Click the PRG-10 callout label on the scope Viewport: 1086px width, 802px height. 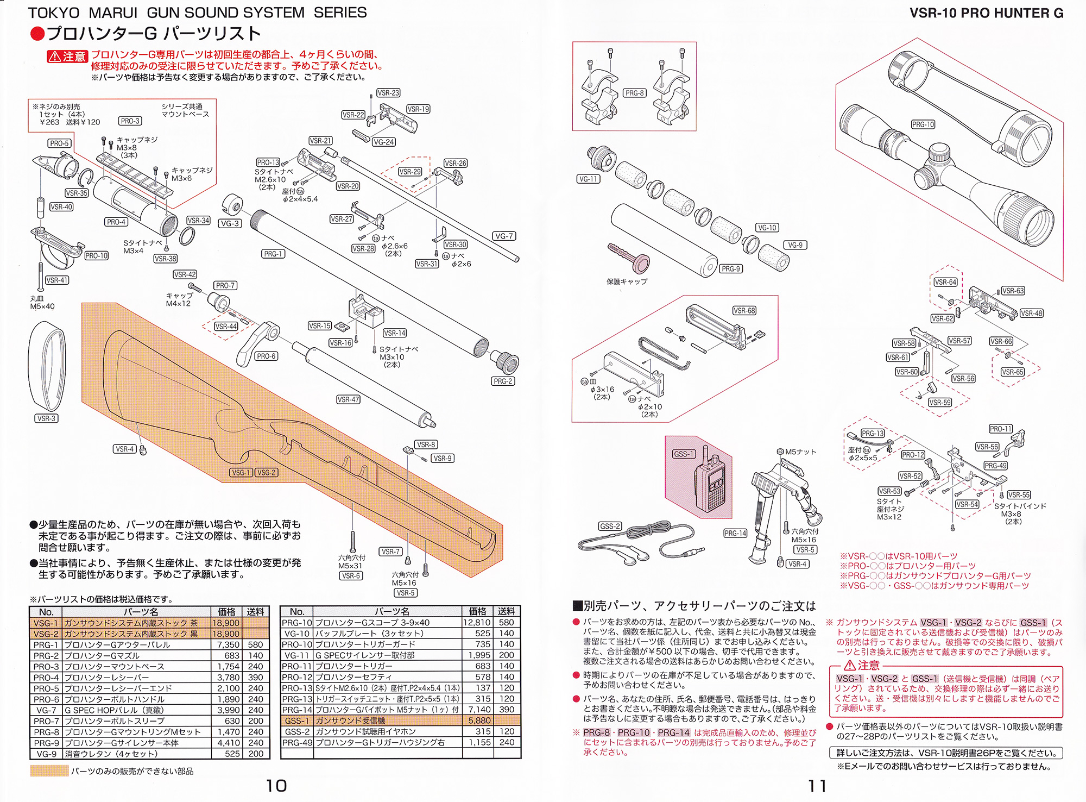[923, 124]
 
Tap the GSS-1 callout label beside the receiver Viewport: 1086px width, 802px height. [684, 454]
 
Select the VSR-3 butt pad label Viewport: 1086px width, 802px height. [47, 418]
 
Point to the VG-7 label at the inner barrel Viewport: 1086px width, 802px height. [504, 236]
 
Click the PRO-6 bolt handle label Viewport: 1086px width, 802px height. [266, 356]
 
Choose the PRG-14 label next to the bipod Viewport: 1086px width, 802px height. [735, 533]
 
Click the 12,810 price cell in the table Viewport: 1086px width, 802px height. [477, 623]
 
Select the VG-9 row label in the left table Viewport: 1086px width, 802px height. [46, 754]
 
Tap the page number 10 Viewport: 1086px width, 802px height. [276, 786]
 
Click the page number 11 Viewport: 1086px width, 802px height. [817, 786]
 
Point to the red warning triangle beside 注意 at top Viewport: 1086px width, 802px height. [55, 57]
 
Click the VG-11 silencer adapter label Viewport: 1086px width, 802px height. [588, 179]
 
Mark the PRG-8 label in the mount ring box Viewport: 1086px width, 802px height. [634, 93]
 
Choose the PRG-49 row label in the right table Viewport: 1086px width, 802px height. [296, 742]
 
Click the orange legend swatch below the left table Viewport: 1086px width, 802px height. [49, 771]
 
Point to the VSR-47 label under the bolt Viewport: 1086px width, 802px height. [348, 399]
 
